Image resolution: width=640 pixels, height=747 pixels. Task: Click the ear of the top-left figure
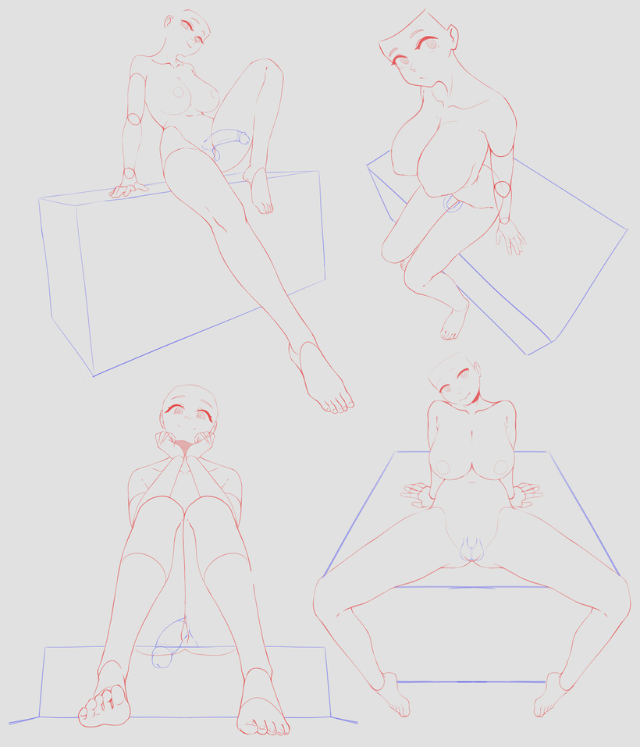click(169, 21)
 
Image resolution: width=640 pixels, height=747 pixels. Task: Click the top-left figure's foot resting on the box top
click(260, 191)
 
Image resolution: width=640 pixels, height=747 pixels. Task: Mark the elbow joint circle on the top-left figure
click(133, 119)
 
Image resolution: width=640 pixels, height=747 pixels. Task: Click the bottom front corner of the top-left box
click(94, 375)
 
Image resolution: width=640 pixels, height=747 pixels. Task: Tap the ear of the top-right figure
click(453, 36)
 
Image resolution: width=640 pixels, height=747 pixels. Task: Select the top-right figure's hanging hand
click(511, 237)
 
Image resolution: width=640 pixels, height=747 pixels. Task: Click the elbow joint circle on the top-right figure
click(502, 190)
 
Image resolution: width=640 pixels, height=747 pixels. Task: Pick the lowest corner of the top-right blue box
click(528, 354)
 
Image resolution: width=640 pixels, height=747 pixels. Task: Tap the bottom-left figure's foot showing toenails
click(262, 712)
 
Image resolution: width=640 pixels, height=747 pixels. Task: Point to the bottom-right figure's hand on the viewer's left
click(419, 493)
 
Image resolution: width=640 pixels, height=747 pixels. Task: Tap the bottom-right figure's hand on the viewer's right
click(526, 493)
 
